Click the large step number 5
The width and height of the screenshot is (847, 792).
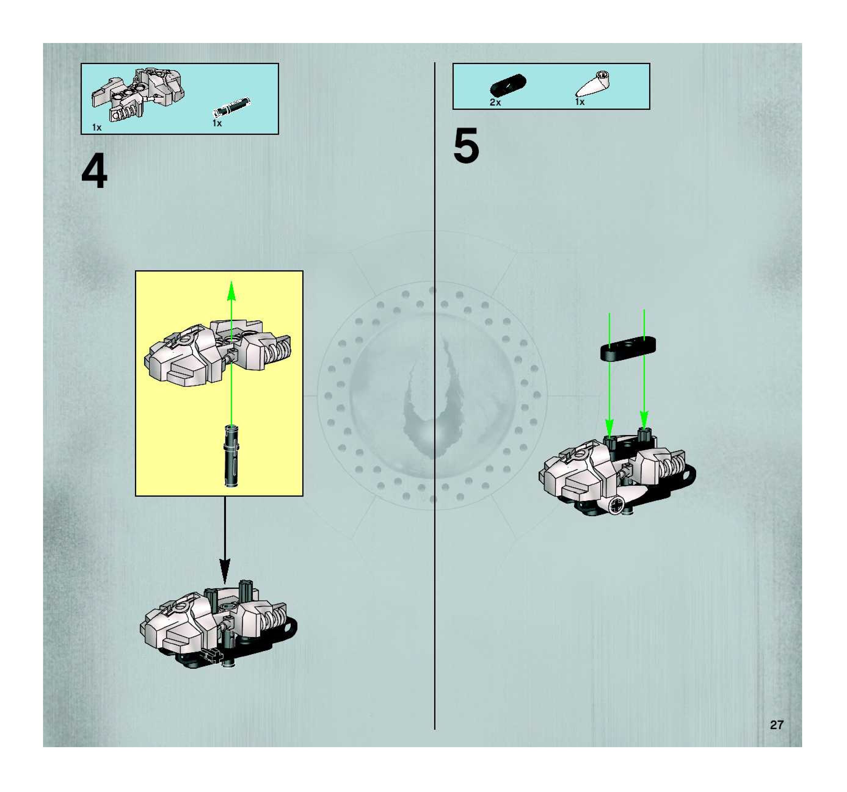click(466, 146)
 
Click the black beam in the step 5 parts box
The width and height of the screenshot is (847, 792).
click(508, 84)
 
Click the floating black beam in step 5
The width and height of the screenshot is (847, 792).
click(628, 348)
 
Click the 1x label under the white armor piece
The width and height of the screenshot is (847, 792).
click(97, 127)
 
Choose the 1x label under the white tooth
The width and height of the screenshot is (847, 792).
click(580, 102)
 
